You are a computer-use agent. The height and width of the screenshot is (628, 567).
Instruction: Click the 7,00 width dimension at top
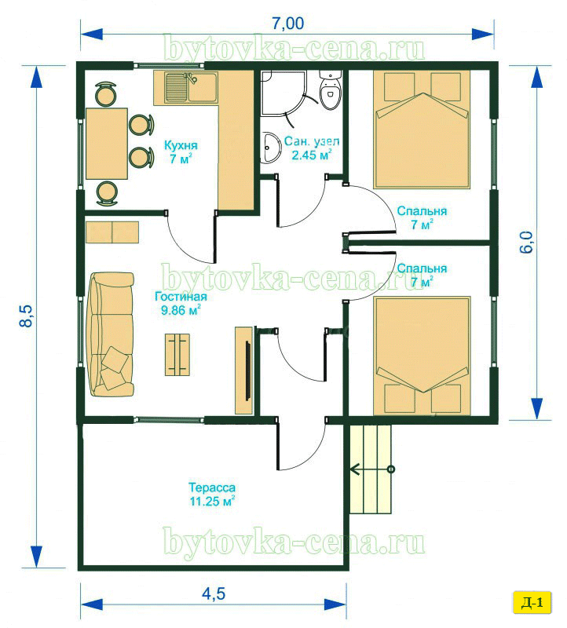(287, 24)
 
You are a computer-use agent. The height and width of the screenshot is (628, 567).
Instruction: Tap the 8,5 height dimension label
(26, 316)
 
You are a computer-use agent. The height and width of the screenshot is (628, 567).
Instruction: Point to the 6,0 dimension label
(526, 242)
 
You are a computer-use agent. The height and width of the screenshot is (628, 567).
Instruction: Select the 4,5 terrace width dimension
(214, 593)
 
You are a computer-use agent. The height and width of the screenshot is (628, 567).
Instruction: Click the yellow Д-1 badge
(532, 602)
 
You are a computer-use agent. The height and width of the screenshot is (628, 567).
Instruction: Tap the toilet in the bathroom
(331, 89)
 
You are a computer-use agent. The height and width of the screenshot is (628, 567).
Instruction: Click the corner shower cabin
(283, 93)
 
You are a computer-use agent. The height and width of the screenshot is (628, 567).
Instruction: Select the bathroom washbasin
(272, 148)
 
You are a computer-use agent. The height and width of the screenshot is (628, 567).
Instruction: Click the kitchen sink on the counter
(185, 88)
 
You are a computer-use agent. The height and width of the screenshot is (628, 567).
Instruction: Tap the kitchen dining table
(107, 144)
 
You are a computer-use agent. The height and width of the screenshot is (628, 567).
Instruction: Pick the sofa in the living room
(111, 335)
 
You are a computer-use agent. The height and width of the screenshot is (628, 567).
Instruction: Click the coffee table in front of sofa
(177, 355)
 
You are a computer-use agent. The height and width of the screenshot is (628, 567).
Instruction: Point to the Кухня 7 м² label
(181, 152)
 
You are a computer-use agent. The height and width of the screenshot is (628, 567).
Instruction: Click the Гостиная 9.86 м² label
(181, 303)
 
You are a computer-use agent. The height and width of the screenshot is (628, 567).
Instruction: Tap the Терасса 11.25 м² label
(212, 495)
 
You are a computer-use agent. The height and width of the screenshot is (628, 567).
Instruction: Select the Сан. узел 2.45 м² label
(312, 148)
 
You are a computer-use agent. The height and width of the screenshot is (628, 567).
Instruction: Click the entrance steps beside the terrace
(371, 469)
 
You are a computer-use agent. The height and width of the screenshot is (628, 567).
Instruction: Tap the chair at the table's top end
(106, 94)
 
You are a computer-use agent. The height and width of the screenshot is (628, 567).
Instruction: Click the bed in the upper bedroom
(422, 130)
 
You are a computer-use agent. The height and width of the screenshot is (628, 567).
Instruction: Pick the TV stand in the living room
(243, 371)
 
